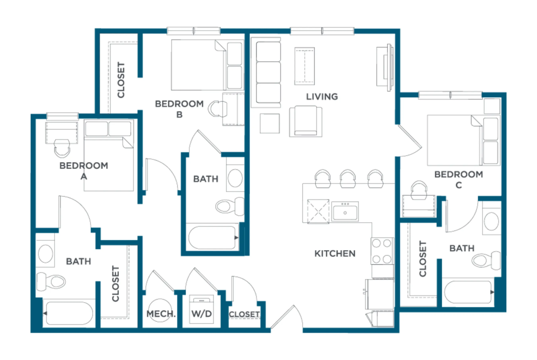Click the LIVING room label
(x=322, y=97)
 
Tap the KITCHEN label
(x=335, y=254)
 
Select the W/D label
(x=201, y=314)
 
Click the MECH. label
(x=161, y=314)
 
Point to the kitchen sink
(x=345, y=211)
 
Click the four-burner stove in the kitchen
(x=382, y=251)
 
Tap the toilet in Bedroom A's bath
(x=51, y=281)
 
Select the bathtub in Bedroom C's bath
(x=469, y=292)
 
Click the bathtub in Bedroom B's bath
(x=213, y=238)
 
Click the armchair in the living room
(x=306, y=121)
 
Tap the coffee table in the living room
(x=304, y=66)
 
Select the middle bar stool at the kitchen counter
(x=347, y=179)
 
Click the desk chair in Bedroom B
(x=217, y=109)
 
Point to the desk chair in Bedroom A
(x=62, y=148)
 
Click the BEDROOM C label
(x=459, y=180)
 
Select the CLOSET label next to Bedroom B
(x=121, y=80)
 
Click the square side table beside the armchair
(x=270, y=123)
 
